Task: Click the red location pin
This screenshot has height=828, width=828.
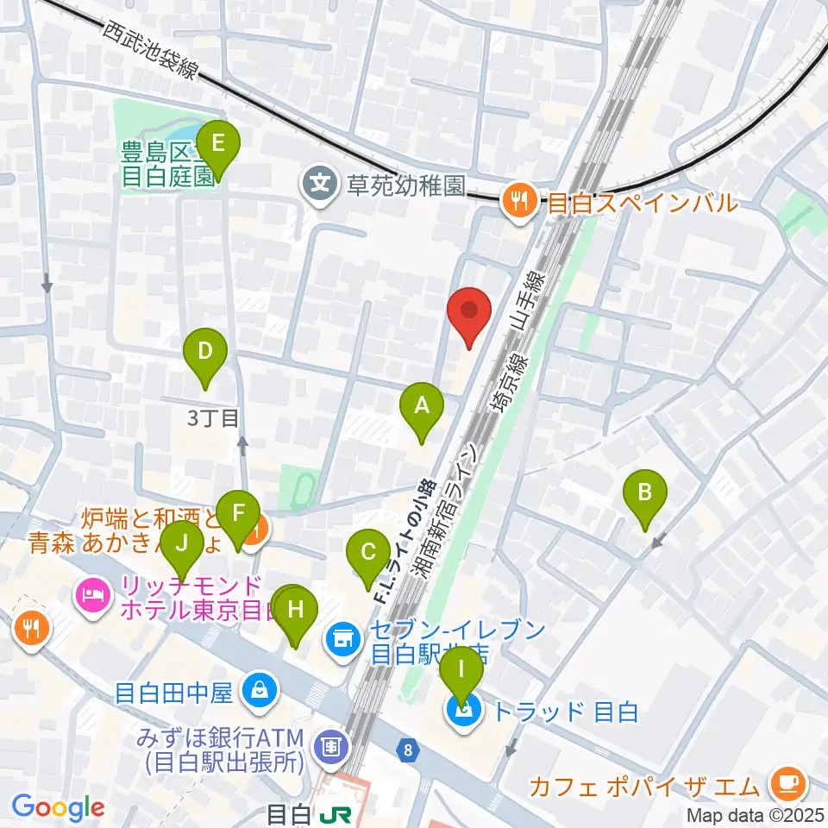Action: point(469,312)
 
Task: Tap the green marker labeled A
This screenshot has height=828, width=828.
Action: point(422,405)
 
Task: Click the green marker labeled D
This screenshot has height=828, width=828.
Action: point(204,352)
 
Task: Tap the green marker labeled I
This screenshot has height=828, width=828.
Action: point(462,670)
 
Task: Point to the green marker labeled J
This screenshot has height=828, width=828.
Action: point(181,545)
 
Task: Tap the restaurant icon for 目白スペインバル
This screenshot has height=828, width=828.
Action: point(519,203)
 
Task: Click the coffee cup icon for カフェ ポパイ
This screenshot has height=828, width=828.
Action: point(787,781)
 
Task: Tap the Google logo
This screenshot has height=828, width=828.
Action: point(59,808)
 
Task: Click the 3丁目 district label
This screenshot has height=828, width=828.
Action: point(212,419)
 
